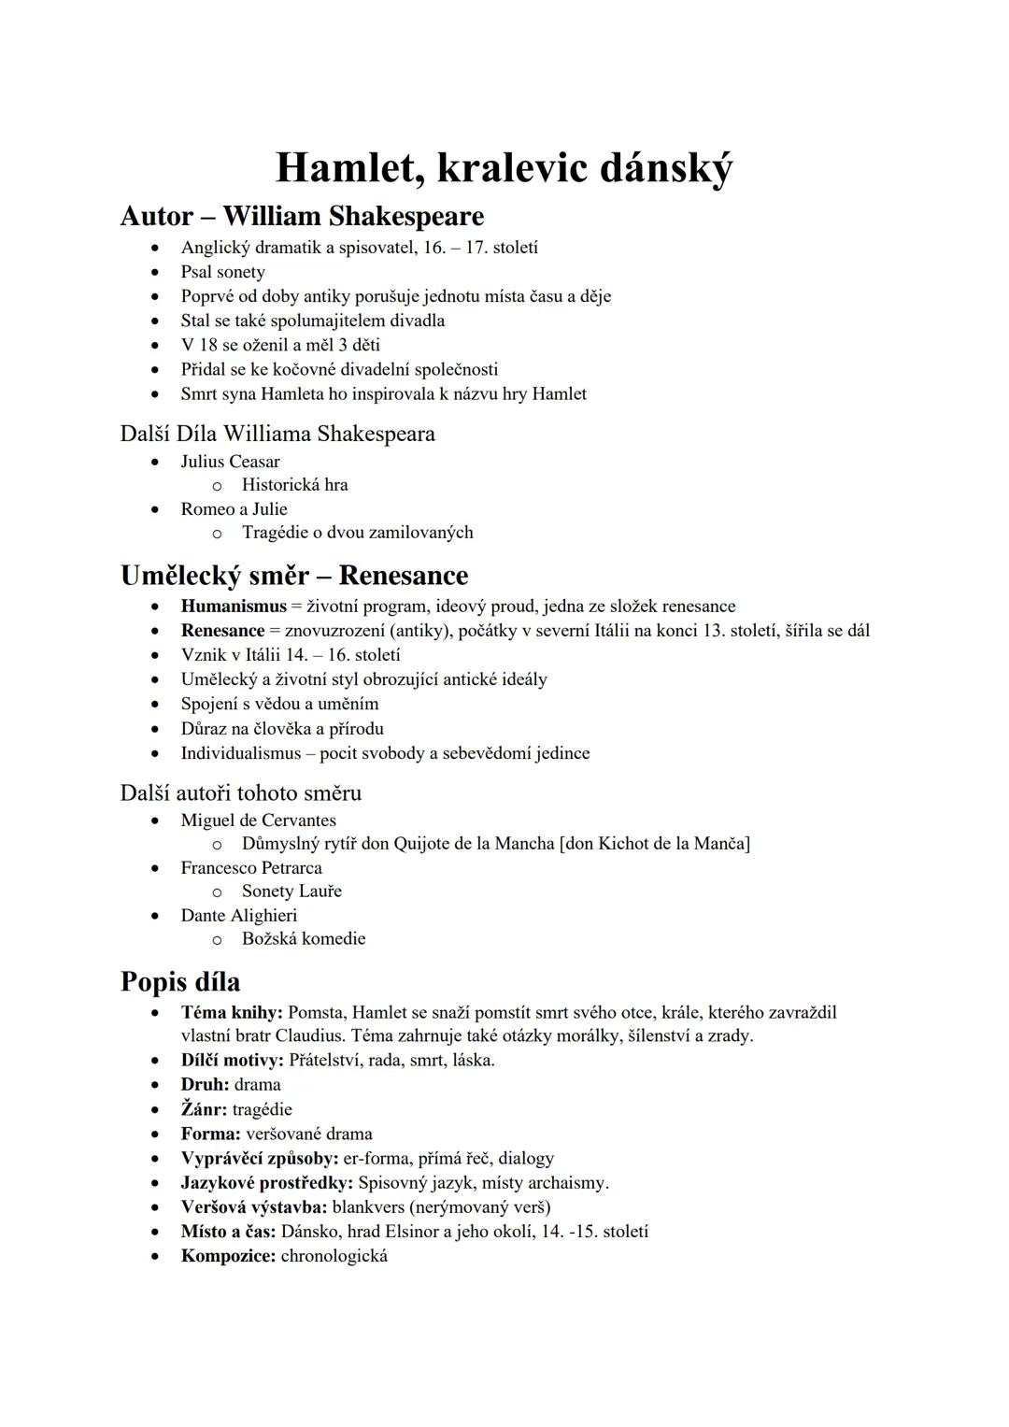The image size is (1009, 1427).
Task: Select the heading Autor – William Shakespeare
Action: tap(302, 216)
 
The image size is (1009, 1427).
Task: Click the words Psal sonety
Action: tap(222, 272)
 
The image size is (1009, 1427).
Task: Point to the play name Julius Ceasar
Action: tap(230, 462)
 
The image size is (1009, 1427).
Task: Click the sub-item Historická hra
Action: tap(294, 485)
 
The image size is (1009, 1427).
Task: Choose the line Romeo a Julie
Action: tap(234, 509)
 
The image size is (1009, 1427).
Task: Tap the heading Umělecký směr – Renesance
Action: tap(294, 576)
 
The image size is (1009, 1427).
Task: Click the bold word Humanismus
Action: tap(234, 606)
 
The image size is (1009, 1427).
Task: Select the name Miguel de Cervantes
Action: tap(258, 821)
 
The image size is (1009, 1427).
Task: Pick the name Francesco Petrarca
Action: tap(251, 868)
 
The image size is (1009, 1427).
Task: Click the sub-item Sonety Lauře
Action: tap(291, 892)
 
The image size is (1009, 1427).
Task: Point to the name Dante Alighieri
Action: tap(238, 916)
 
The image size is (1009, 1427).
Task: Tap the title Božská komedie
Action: tap(304, 939)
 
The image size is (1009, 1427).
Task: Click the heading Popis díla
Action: tap(180, 982)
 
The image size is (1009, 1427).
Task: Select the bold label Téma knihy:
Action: tap(232, 1013)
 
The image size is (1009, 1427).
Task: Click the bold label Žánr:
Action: tap(204, 1110)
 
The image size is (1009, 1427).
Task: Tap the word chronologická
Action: tap(334, 1256)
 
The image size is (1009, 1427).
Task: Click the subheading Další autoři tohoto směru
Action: tap(241, 793)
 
